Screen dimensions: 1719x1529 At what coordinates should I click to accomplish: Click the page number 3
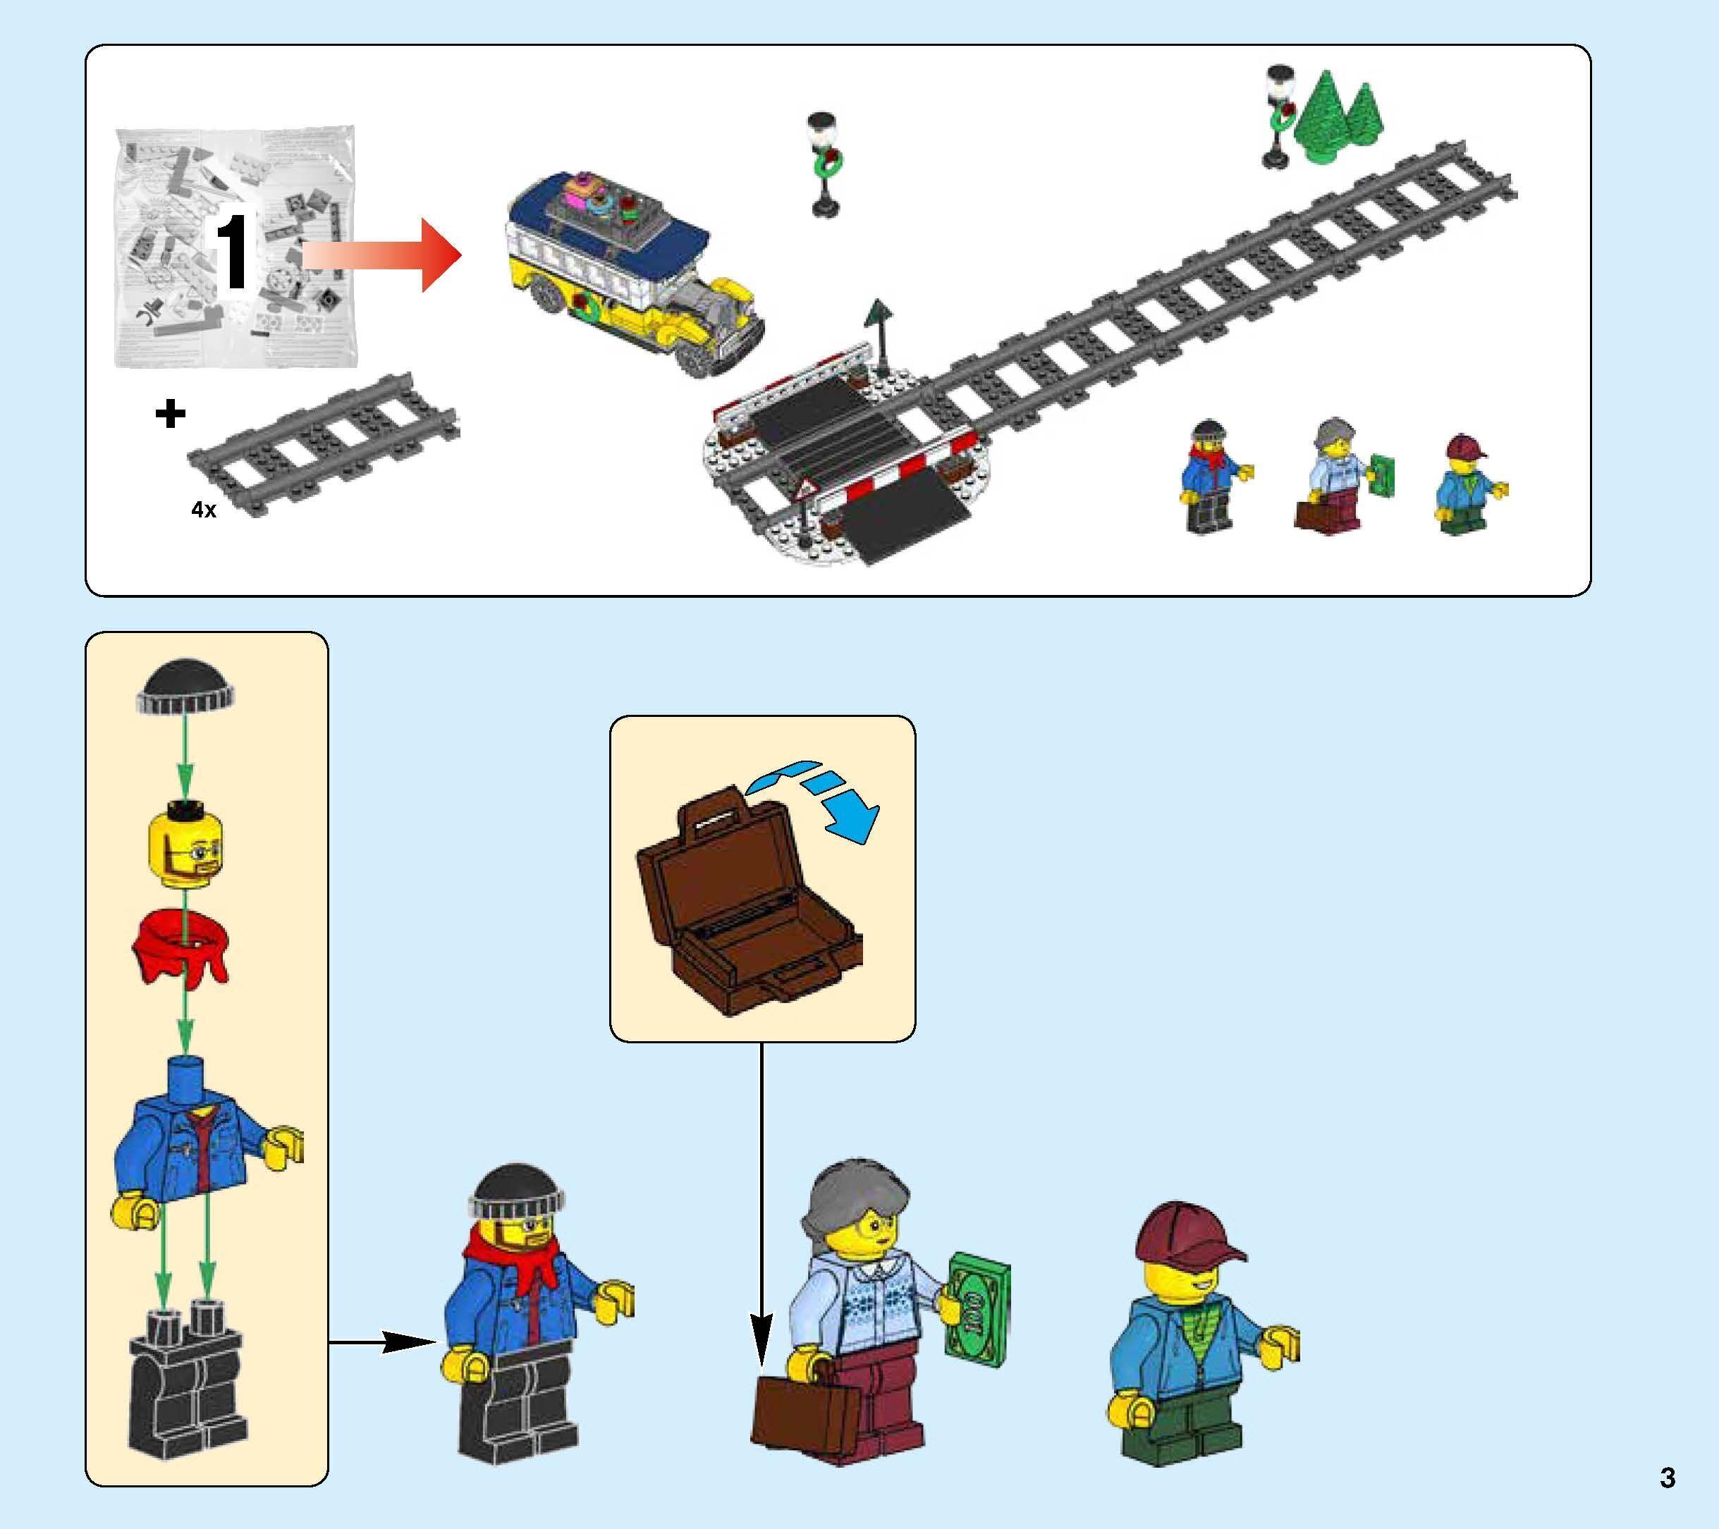point(1668,1477)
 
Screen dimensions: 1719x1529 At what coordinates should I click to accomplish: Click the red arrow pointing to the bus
point(382,256)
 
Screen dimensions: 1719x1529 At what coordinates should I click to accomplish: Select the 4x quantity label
point(204,510)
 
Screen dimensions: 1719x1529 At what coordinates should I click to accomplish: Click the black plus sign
point(170,414)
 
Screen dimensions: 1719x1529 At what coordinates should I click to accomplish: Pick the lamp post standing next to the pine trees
point(1278,118)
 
